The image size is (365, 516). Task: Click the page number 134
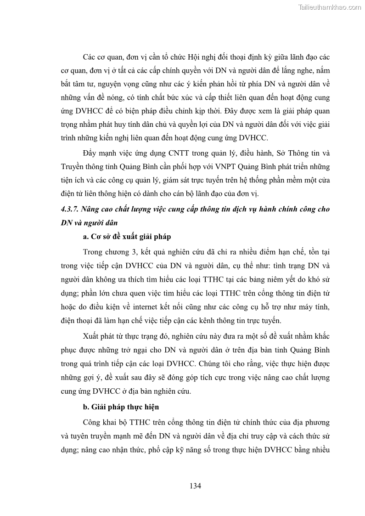click(x=195, y=486)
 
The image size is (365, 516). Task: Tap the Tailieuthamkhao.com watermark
click(x=330, y=7)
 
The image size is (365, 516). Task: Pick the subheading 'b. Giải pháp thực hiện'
click(x=121, y=407)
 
